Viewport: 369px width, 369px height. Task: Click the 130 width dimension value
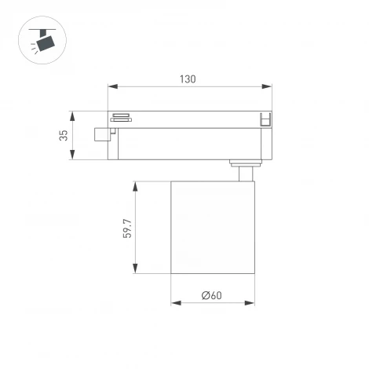point(187,79)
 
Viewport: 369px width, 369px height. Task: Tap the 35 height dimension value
point(64,136)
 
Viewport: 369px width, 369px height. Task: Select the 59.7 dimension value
point(126,228)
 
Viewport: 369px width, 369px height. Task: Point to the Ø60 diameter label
point(212,296)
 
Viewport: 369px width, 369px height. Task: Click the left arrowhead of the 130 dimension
point(111,87)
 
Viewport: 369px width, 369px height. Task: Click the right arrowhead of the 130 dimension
point(270,87)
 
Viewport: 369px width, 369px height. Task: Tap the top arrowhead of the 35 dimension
point(74,113)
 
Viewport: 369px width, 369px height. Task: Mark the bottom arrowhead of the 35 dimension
point(74,158)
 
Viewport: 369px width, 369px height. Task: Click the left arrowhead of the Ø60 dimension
point(174,303)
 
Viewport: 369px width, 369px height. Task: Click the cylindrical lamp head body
point(213,228)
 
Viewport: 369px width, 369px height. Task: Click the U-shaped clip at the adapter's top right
point(265,119)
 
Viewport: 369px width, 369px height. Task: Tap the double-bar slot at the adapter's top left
point(120,118)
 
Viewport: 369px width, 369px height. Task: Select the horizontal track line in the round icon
point(38,28)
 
